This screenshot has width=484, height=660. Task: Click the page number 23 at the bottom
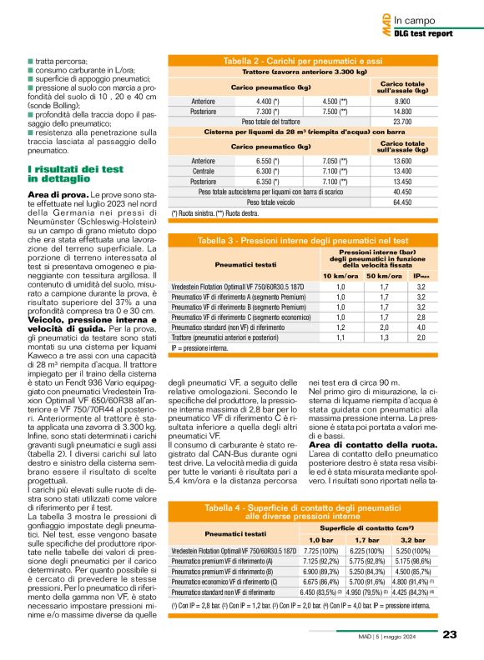[x=450, y=634]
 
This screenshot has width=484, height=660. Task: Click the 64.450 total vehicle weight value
[x=404, y=202]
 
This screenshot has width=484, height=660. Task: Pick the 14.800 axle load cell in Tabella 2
[x=404, y=111]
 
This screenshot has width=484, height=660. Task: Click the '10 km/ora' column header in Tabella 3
[x=340, y=275]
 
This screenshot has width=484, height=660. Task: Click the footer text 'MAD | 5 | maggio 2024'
[x=397, y=635]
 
